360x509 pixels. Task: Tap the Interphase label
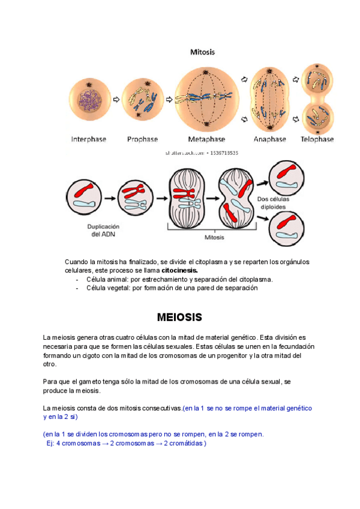click(x=89, y=139)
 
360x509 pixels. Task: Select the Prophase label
click(x=142, y=139)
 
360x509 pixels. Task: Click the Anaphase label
click(x=269, y=139)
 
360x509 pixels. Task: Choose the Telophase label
click(x=317, y=139)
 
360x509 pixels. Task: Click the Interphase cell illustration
click(x=89, y=98)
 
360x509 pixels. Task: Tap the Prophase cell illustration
click(x=143, y=98)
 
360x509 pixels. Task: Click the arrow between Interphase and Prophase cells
click(x=116, y=98)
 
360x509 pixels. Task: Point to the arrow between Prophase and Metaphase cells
click(x=169, y=98)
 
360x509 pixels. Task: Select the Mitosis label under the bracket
click(x=214, y=238)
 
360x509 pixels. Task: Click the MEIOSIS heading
click(x=179, y=316)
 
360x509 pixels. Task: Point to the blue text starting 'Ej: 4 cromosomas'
click(x=126, y=443)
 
